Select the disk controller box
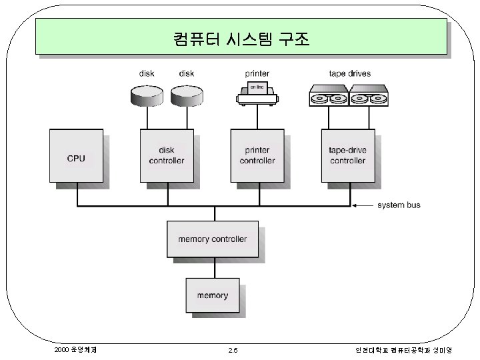tap(167, 155)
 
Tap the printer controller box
tap(257, 155)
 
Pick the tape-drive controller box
tap(347, 155)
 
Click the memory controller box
tap(213, 239)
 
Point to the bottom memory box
tap(213, 295)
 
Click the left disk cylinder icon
tap(147, 97)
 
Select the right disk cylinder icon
tap(186, 97)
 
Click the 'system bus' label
tap(399, 205)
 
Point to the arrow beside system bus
tap(363, 205)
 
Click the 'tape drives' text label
tap(350, 73)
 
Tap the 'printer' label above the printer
tap(257, 73)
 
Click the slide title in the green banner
tap(241, 38)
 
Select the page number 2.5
tap(233, 351)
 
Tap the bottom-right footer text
tap(403, 350)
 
